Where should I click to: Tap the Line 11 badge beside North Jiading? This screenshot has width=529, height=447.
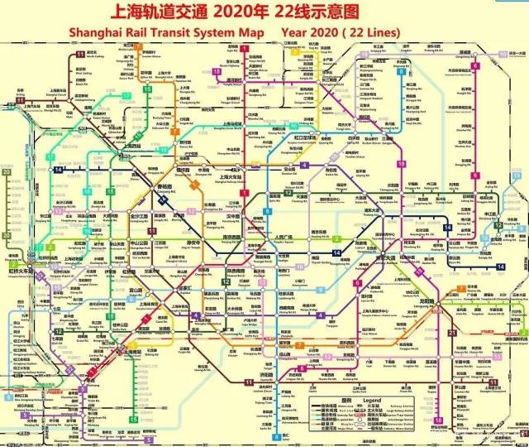79,54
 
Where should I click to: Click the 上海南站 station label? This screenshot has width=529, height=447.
131,350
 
